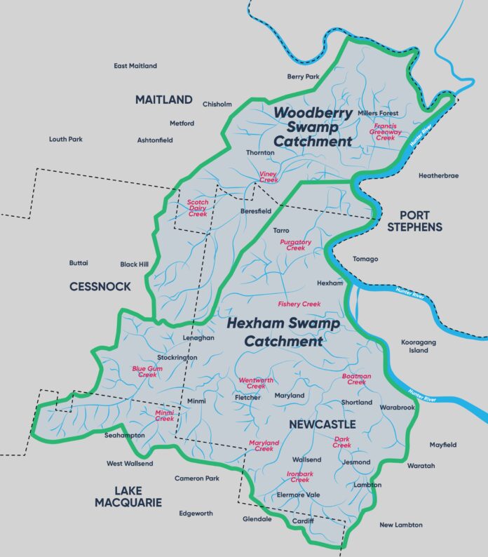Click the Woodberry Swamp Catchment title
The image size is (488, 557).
point(313,126)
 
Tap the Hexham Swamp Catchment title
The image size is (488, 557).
point(283,333)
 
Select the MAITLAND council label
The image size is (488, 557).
point(163,100)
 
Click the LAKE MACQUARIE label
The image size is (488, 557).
point(128,496)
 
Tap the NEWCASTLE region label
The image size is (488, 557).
point(322,425)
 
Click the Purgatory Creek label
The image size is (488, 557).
point(295,245)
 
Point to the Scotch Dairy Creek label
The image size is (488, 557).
point(197,208)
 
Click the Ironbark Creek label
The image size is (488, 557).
point(300,477)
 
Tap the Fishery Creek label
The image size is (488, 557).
point(299,304)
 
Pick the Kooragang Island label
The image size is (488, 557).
point(419,346)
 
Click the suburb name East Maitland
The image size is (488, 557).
point(135,66)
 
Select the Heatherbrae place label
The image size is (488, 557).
point(438,175)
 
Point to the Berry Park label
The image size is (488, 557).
point(304,76)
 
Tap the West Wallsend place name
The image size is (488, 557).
point(130,464)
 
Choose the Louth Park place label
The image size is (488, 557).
point(66,139)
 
